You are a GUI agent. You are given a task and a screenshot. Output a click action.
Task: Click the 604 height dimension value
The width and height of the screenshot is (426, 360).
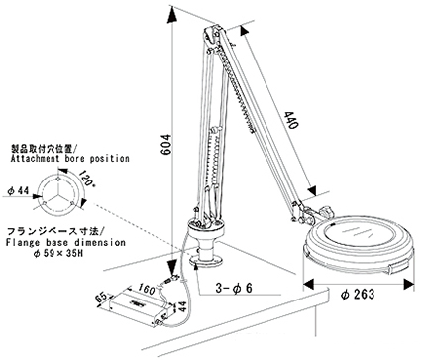coord(166,144)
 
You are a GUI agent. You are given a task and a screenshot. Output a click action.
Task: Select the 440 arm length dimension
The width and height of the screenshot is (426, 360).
coord(291,120)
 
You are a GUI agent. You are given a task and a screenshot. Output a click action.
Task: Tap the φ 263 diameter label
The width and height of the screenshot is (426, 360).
coord(358,294)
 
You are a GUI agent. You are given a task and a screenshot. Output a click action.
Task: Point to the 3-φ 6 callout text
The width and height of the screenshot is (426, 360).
coord(234,288)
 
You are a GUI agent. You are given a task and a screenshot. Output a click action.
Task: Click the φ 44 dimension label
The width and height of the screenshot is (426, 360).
coord(18,190)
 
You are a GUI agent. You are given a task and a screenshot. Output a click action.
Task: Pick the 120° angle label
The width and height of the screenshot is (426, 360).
coord(87,179)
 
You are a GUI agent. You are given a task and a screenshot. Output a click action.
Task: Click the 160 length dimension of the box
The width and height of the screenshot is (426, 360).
coord(146,289)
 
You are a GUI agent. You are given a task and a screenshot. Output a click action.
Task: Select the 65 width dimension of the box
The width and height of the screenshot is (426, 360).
coord(101,297)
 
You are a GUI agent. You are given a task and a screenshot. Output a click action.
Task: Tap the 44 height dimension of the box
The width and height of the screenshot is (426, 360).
coord(182,306)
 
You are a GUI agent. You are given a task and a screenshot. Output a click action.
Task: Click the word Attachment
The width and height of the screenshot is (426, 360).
coord(36,159)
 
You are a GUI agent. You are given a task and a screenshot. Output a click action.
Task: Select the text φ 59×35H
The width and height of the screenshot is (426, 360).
coord(57,254)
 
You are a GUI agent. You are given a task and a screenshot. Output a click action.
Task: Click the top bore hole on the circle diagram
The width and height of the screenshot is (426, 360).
coord(58,179)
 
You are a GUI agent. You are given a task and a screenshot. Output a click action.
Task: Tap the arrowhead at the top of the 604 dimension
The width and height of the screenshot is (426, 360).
coord(172,16)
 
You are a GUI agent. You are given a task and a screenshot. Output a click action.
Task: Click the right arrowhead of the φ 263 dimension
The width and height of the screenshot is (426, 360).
coord(409,284)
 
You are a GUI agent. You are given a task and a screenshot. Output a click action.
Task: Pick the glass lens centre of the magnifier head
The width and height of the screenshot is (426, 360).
coord(360,233)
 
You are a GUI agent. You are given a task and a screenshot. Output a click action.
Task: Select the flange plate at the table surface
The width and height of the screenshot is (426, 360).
coord(207,261)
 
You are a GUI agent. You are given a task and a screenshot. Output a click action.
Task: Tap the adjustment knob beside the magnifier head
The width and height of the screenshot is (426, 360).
coord(326,210)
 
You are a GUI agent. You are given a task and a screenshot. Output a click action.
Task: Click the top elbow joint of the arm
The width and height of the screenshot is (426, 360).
coord(212,34)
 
